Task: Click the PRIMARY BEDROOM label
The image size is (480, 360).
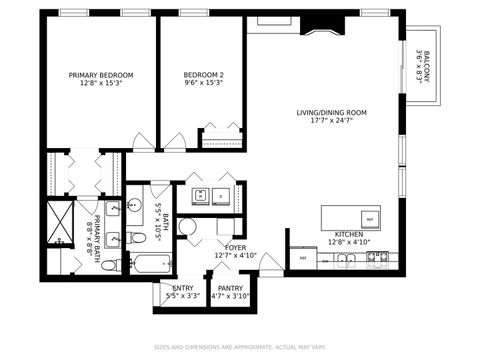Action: click(100, 75)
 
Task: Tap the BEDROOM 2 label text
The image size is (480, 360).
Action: click(203, 75)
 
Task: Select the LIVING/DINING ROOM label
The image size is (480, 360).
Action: click(332, 113)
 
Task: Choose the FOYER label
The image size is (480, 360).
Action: click(235, 247)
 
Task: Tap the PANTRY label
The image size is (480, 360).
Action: click(230, 288)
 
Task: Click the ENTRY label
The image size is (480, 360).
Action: click(182, 288)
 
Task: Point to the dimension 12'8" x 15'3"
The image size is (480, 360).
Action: click(100, 84)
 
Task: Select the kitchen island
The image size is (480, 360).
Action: click(350, 217)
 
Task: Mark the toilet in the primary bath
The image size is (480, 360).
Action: click(112, 264)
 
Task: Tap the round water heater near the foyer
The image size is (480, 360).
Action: click(188, 227)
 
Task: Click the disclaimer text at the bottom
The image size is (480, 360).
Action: click(240, 348)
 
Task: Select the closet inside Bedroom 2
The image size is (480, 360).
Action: click(222, 137)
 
